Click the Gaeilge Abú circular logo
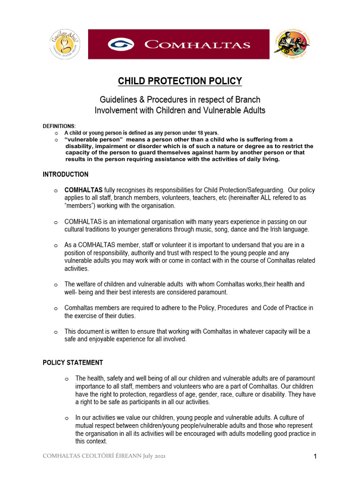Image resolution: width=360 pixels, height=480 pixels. pos(65,44)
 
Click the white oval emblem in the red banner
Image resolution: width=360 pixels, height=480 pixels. pos(121,45)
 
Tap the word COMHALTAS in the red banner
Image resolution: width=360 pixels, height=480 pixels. pos(197,45)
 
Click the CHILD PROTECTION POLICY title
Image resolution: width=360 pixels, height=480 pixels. pos(180,82)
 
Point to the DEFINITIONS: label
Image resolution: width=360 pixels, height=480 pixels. pos(59,126)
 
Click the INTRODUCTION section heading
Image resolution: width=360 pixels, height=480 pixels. pos(66,174)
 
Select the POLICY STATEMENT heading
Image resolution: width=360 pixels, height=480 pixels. pos(73,362)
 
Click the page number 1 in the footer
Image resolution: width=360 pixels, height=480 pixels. pos(315,457)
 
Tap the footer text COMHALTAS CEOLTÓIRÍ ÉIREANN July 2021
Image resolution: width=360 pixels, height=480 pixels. pos(104,456)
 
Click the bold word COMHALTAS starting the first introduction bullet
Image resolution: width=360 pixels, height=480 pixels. pos(83,190)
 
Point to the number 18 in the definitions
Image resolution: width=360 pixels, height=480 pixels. pos(199,133)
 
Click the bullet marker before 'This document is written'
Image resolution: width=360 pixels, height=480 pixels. pos(55,332)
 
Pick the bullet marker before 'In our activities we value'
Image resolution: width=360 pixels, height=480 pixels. pos(67,418)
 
